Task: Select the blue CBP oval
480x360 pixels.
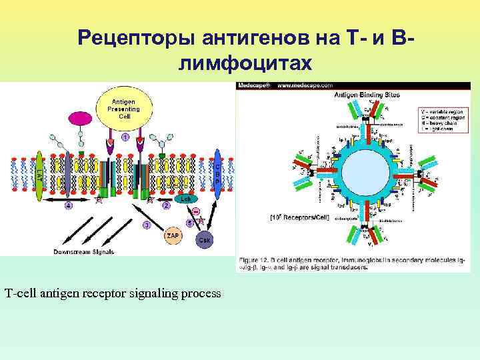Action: (x=217, y=175)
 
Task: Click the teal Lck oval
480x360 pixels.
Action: (x=186, y=199)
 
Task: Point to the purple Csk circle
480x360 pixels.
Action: (x=205, y=239)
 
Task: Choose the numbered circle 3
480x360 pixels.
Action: (x=146, y=225)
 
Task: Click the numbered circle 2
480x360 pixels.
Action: (x=166, y=205)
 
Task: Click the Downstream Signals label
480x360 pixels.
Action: (x=84, y=252)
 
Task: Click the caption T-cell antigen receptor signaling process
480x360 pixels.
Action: (x=113, y=293)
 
